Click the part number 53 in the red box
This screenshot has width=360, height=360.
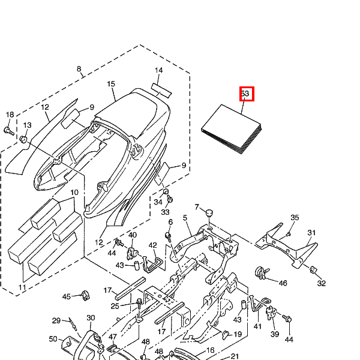tap(245, 94)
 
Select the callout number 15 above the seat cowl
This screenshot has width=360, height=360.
tap(111, 85)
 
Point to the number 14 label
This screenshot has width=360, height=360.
tap(158, 71)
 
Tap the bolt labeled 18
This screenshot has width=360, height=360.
tap(9, 129)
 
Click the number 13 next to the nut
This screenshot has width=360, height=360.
tap(27, 125)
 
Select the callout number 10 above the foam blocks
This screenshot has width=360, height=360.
tap(74, 193)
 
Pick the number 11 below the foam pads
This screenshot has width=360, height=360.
tap(22, 288)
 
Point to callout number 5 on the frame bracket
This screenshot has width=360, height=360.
tap(185, 218)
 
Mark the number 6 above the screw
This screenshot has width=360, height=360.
tap(170, 222)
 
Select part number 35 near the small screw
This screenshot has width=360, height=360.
tap(295, 217)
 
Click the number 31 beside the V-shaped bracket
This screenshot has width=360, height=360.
tap(311, 233)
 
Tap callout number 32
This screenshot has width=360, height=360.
tap(322, 283)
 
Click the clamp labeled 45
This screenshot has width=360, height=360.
tap(83, 296)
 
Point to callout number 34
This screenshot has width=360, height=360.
tap(158, 202)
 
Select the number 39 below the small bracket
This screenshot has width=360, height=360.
tap(275, 334)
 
